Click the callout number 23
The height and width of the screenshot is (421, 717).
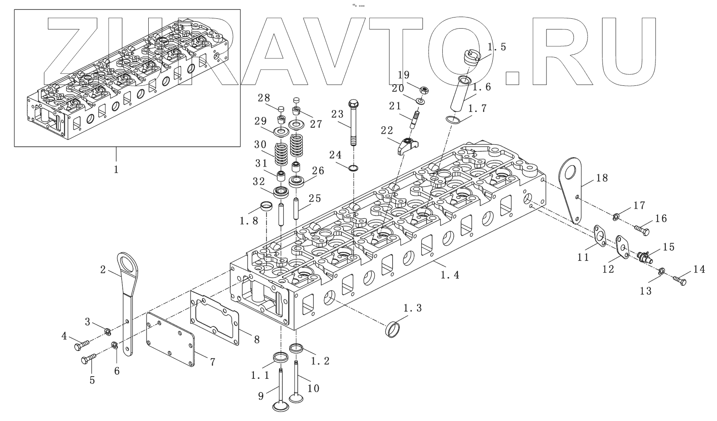pyautogui.click(x=337, y=114)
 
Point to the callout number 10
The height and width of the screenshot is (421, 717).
pyautogui.click(x=313, y=388)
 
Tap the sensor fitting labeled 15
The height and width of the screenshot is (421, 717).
pyautogui.click(x=644, y=257)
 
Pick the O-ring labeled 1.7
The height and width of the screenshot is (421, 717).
pyautogui.click(x=453, y=120)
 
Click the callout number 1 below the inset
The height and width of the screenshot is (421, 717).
pyautogui.click(x=116, y=169)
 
